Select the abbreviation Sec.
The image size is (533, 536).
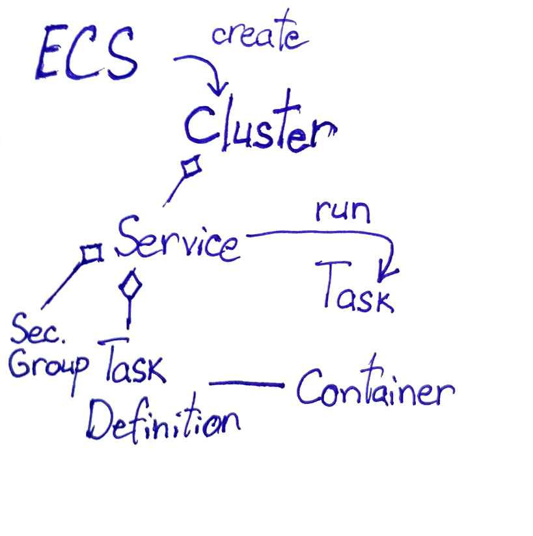coord(38,328)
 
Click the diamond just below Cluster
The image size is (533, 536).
coord(191,168)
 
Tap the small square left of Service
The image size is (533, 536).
coord(92,252)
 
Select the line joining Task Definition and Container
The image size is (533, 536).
coord(247,384)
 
